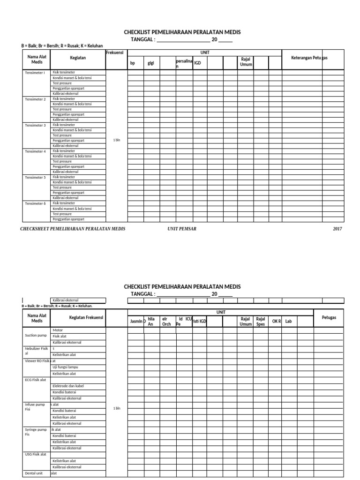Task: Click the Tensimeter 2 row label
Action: click(35, 99)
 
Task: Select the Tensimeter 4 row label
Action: click(35, 151)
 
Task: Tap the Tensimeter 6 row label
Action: click(35, 203)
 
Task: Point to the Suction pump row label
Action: click(35, 336)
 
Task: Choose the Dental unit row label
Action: click(33, 473)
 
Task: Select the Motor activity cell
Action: click(58, 330)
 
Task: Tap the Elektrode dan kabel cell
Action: click(67, 386)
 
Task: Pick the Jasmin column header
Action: click(136, 321)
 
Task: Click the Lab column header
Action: click(288, 321)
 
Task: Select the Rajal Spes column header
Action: click(261, 321)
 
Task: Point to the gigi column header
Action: click(151, 63)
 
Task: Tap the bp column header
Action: click(133, 63)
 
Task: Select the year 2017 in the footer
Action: click(337, 229)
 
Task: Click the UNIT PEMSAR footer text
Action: click(183, 229)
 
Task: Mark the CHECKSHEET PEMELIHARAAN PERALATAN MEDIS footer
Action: click(73, 229)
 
